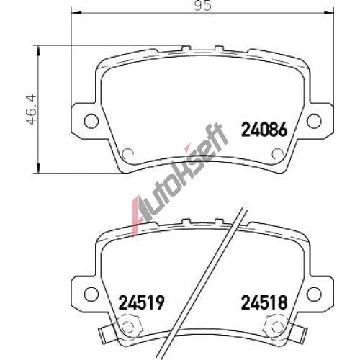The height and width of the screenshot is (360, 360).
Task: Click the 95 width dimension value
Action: (x=203, y=5)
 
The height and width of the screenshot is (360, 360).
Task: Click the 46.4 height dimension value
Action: (x=32, y=110)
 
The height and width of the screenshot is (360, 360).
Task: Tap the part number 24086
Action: (x=264, y=130)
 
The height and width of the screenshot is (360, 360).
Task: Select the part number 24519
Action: (x=142, y=302)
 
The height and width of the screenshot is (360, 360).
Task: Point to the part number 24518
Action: (x=264, y=302)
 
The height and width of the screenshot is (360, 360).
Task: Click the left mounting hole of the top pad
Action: (x=91, y=121)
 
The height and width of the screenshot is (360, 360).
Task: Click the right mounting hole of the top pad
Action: (x=314, y=121)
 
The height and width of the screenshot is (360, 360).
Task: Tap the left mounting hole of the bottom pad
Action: (x=91, y=294)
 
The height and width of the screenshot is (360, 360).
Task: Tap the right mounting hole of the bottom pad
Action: (x=314, y=294)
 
